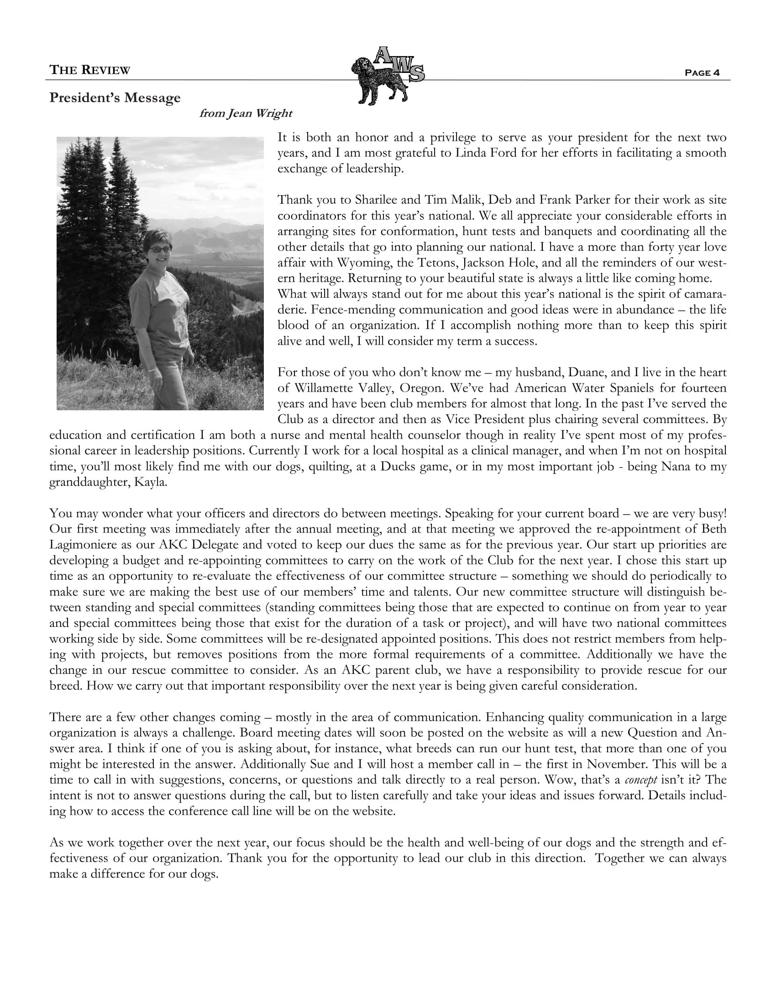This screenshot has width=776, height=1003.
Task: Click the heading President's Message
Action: (x=115, y=98)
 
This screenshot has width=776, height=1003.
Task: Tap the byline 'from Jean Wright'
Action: (x=246, y=114)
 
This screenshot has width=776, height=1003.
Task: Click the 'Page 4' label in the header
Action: (x=702, y=72)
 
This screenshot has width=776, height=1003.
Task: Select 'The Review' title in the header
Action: (x=89, y=70)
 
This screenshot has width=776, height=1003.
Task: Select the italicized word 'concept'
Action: (x=641, y=780)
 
